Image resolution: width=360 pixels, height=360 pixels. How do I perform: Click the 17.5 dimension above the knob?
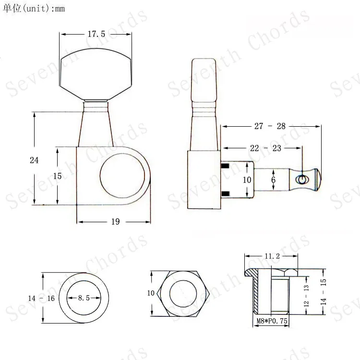point(96,35)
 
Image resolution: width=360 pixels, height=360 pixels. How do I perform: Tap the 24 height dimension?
point(34,160)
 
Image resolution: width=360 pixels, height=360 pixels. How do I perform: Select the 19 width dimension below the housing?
point(115,222)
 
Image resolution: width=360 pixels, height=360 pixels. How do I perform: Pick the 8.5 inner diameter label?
point(84,298)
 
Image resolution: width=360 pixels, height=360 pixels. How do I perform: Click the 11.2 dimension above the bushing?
point(271,257)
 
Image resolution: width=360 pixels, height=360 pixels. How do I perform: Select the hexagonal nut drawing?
point(179,293)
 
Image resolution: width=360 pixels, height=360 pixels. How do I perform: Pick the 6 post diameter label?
point(274,180)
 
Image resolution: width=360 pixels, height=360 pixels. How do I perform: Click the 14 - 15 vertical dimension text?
point(324,293)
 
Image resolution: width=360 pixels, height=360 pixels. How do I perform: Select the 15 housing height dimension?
point(58,176)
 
